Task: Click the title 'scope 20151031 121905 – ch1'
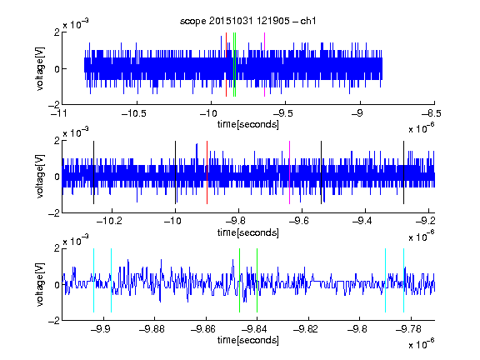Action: [247, 21]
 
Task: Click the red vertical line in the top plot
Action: [226, 65]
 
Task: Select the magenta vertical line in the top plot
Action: [264, 65]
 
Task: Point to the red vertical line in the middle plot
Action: [207, 172]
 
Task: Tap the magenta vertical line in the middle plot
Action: [290, 172]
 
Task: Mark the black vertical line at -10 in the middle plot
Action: [175, 172]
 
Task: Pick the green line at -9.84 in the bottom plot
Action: [257, 280]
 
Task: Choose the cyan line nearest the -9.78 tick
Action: [404, 280]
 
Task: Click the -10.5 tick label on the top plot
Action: [134, 113]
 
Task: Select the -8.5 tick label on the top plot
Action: [432, 113]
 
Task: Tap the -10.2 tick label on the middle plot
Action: [109, 220]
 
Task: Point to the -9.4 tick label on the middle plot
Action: [362, 220]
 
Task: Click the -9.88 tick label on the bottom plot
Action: [152, 329]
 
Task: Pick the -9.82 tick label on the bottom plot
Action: [306, 329]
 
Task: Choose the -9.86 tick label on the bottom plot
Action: [203, 329]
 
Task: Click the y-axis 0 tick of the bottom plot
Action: [57, 285]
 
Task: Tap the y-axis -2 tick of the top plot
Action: [54, 105]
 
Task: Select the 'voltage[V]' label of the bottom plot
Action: [40, 285]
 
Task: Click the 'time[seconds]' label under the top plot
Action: [248, 124]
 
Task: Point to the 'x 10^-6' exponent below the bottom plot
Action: [422, 343]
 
